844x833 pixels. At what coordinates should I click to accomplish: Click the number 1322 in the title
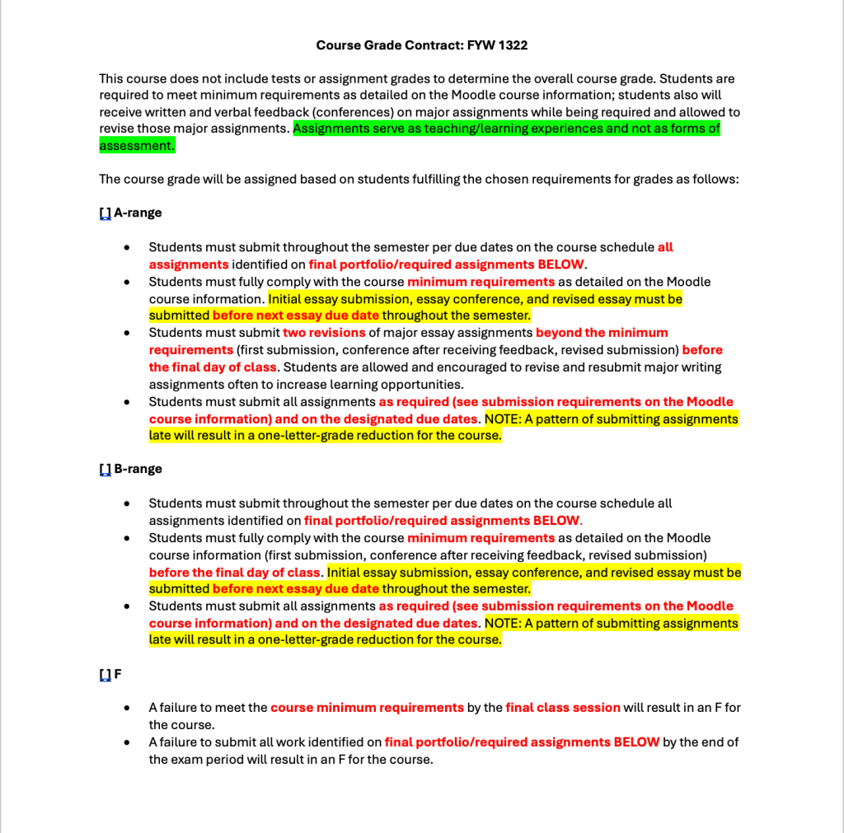512,45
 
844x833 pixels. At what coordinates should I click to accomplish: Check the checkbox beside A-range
105,213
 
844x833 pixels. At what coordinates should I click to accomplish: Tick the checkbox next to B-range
105,469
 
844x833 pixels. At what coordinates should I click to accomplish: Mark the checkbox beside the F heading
105,674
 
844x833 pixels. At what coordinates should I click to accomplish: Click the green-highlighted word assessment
136,146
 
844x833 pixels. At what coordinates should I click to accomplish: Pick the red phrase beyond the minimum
602,333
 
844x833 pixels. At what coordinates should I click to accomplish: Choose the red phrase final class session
563,708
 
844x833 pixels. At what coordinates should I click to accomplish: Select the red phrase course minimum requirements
367,708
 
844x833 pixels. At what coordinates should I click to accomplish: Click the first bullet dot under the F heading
126,708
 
